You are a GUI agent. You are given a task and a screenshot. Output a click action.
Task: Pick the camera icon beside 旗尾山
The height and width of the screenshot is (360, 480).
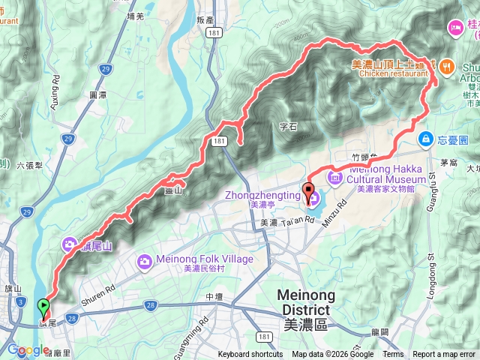click(69, 244)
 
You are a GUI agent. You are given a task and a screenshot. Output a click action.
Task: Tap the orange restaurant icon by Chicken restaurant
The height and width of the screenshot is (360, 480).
click(445, 66)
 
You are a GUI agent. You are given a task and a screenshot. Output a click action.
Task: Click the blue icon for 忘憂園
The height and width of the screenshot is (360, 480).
click(424, 139)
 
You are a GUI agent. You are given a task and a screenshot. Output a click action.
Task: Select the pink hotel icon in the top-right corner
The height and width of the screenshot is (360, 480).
click(455, 27)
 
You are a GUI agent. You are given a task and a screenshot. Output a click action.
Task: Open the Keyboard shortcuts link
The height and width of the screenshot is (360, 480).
click(250, 355)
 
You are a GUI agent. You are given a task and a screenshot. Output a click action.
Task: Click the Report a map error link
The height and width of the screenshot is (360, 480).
click(443, 355)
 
